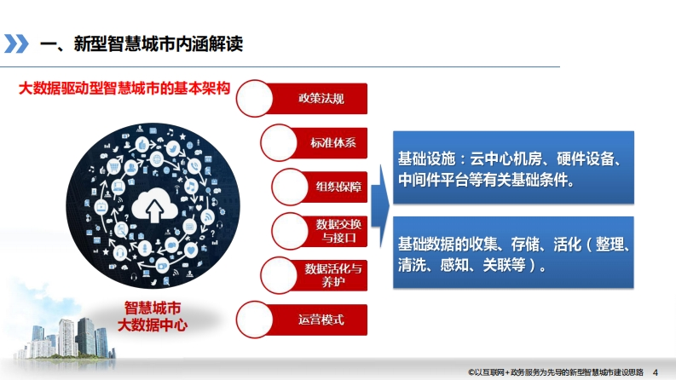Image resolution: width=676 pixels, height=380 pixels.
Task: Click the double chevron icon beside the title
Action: coord(16,44)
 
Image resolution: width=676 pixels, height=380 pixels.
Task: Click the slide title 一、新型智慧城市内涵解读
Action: coord(142,44)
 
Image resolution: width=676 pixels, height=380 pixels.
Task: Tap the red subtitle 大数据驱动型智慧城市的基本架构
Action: coord(124,89)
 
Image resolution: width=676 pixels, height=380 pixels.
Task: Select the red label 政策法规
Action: coord(321,99)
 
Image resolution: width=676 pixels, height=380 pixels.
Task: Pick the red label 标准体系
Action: coord(333,142)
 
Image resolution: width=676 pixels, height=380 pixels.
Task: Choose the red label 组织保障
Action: coord(338,187)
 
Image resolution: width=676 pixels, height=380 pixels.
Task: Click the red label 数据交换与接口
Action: coord(338,231)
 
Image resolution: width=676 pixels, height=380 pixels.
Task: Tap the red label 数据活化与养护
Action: coord(333,275)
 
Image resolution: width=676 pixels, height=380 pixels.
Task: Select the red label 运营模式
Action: coord(321,320)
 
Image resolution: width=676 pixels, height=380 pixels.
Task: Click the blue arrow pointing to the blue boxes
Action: coord(380,206)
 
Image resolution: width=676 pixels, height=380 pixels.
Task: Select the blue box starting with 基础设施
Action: coord(513,168)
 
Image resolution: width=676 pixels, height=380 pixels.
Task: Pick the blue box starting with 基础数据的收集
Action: coord(513,252)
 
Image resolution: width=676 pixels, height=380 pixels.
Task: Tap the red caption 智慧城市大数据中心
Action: coord(153,317)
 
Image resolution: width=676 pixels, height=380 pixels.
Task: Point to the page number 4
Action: coord(656,372)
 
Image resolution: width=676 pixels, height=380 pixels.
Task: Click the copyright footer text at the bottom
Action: coord(556,372)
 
